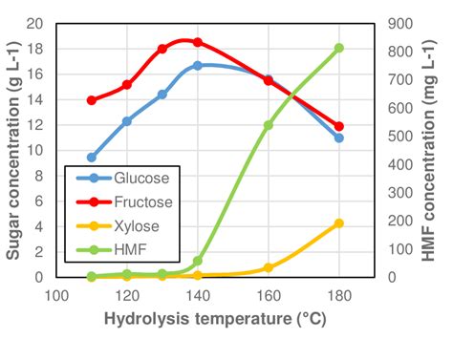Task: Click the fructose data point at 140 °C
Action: pos(198,42)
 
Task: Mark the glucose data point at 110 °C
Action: pos(92,158)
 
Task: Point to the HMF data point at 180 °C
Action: pos(338,48)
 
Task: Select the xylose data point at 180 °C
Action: pos(338,223)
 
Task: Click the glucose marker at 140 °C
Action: pos(198,66)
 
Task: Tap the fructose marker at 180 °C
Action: pos(338,126)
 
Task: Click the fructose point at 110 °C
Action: pos(92,100)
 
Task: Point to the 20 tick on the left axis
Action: pos(39,24)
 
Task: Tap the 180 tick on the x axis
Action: pos(338,295)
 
